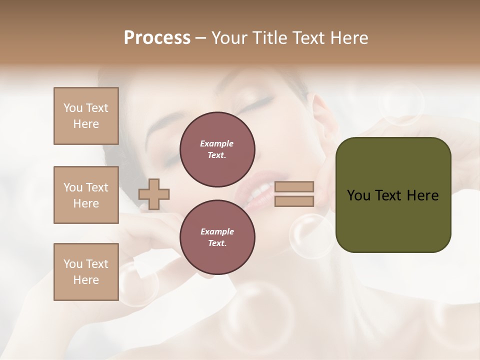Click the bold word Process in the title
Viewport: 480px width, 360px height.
pyautogui.click(x=157, y=38)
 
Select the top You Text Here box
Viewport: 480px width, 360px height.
pyautogui.click(x=86, y=116)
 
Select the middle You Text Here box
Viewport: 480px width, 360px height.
pyautogui.click(x=86, y=195)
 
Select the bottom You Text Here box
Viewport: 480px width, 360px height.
pyautogui.click(x=86, y=272)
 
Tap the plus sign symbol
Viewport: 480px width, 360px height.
pyautogui.click(x=154, y=194)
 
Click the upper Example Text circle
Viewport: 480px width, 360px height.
pyautogui.click(x=217, y=149)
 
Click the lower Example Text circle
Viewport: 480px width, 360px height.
pyautogui.click(x=217, y=237)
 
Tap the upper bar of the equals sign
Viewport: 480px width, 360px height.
pyautogui.click(x=294, y=187)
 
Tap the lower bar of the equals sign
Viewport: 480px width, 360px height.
pyautogui.click(x=294, y=201)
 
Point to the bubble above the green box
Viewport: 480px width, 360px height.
pyautogui.click(x=401, y=104)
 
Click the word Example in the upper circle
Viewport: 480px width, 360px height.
pyautogui.click(x=217, y=143)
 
